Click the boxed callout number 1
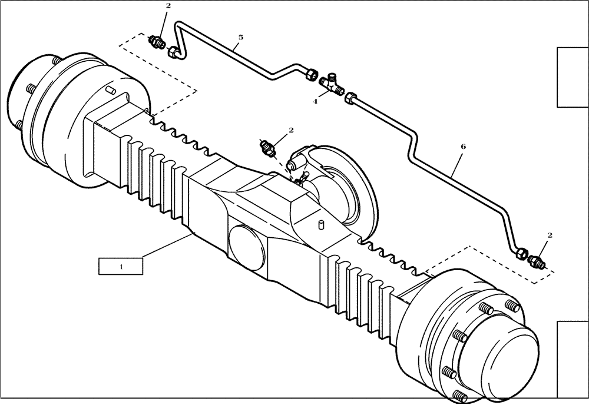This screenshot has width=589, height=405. click(x=121, y=266)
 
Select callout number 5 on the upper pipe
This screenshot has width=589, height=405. click(x=240, y=37)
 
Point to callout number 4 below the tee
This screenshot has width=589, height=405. click(x=315, y=101)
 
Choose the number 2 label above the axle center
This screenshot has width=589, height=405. click(x=290, y=130)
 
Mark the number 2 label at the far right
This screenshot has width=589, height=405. click(x=550, y=235)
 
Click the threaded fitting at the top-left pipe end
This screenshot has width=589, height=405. click(x=158, y=43)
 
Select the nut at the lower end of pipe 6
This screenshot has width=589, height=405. click(x=521, y=254)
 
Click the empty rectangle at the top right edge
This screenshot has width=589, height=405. click(x=573, y=77)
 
